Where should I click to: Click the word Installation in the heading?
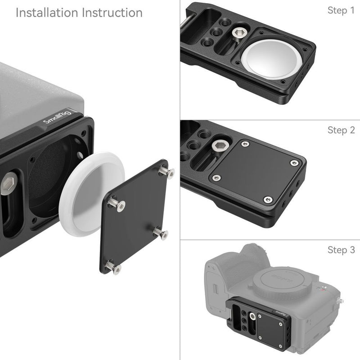(47, 12)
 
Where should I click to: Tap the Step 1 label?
(341, 10)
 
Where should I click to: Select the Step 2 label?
(341, 130)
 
